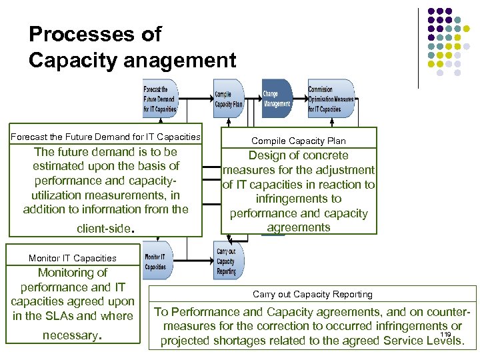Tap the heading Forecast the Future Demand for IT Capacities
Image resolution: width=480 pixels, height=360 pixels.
pyautogui.click(x=105, y=137)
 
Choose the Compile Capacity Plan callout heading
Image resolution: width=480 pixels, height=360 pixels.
pyautogui.click(x=299, y=140)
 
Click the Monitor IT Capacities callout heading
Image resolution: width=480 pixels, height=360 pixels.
pyautogui.click(x=73, y=258)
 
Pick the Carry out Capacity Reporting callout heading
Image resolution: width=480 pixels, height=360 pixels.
pyautogui.click(x=313, y=294)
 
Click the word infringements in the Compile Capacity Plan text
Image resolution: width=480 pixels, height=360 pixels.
pyautogui.click(x=299, y=199)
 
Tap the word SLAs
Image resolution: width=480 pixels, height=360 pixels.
pyautogui.click(x=64, y=315)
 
